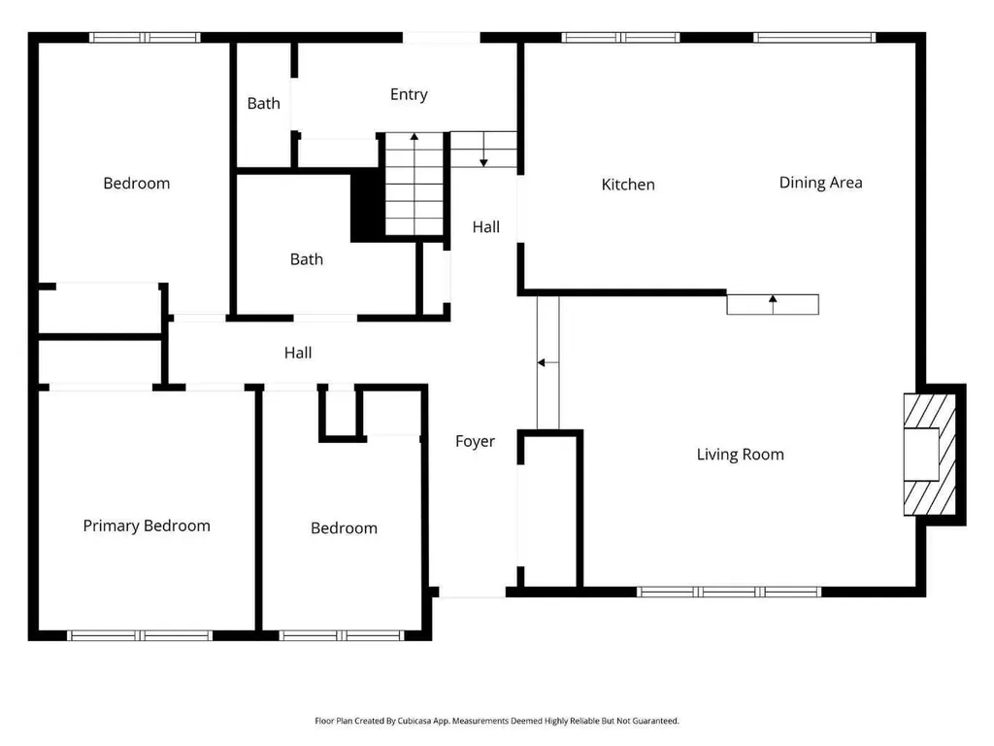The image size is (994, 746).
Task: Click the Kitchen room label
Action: coord(628,185)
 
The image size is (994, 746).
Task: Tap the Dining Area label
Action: coord(820,183)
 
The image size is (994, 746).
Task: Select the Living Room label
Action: coord(740,455)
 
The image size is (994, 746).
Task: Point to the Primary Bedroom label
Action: coord(147,526)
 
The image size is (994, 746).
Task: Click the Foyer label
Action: coord(475,442)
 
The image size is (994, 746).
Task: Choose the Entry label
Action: coord(409,94)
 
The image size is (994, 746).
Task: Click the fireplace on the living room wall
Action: coord(929,455)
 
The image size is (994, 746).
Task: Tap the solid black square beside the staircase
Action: coord(368,205)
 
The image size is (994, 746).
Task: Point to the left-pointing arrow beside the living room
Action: coord(547,363)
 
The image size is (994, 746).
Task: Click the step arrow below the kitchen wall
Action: coord(773,304)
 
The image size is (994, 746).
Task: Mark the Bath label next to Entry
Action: coord(264,103)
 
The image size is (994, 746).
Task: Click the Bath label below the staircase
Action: coord(306,259)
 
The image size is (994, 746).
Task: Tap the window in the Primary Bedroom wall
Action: coord(140,635)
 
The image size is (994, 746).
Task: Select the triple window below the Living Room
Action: coord(729,592)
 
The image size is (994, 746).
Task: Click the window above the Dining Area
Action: coord(814,38)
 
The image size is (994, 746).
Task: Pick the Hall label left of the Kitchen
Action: coord(486,227)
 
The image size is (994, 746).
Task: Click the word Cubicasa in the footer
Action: coord(414,721)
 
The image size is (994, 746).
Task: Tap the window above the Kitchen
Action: coord(620,38)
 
